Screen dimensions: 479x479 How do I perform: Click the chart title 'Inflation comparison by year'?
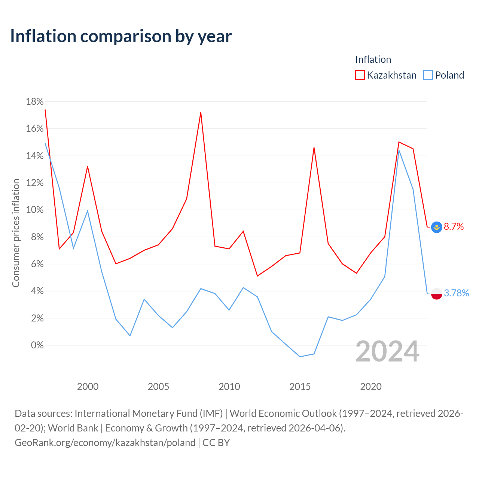(x=121, y=37)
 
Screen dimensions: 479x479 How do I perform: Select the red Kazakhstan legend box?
(x=360, y=75)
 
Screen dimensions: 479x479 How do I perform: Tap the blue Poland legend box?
(x=428, y=75)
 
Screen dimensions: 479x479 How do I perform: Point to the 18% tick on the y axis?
(x=34, y=102)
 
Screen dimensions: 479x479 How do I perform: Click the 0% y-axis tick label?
(x=37, y=345)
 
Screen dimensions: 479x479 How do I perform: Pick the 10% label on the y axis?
(x=34, y=210)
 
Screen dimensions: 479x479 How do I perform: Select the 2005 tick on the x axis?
(x=158, y=387)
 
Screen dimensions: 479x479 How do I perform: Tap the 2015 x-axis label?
(x=300, y=387)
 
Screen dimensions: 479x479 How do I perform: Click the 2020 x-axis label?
(x=370, y=387)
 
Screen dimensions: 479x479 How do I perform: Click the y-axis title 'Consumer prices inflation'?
(x=16, y=233)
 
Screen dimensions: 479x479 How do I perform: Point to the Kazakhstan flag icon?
(x=436, y=227)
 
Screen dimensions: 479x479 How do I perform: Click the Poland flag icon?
(x=436, y=293)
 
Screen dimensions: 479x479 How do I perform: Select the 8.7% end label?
(x=454, y=226)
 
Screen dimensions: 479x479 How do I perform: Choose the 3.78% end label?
(x=456, y=293)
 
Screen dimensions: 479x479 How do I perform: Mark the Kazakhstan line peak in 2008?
(x=201, y=113)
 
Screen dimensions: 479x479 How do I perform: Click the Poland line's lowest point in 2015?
(x=300, y=357)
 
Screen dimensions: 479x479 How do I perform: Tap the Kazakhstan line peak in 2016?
(x=314, y=148)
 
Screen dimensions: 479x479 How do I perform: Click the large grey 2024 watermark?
(x=387, y=351)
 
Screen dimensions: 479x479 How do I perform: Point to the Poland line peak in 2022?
(x=399, y=150)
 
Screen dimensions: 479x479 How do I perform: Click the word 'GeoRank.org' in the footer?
(x=43, y=443)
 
